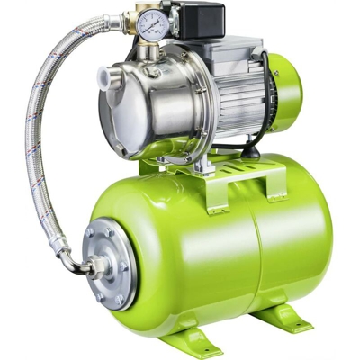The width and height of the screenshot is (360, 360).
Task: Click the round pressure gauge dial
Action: (152, 27)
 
